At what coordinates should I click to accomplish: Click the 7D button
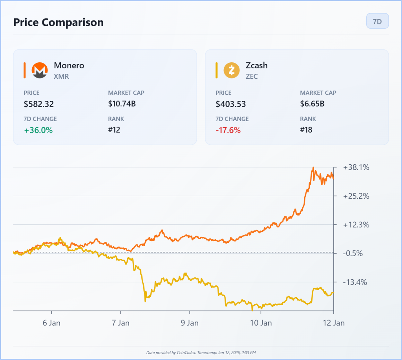(377, 21)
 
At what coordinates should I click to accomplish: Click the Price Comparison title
(58, 22)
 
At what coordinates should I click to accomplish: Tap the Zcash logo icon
(231, 70)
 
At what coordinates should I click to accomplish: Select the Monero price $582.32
(39, 104)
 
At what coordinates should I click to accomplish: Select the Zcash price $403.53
(230, 104)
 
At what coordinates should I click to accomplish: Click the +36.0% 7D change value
(38, 130)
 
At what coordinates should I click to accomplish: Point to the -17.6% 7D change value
(228, 130)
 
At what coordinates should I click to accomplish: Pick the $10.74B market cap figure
(122, 104)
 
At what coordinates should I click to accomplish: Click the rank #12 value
(114, 130)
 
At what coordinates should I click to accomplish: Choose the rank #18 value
(306, 130)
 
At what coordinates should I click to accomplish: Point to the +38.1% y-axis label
(356, 167)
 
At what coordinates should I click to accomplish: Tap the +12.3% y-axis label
(356, 225)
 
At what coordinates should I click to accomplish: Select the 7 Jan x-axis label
(121, 323)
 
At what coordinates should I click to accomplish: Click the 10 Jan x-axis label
(261, 323)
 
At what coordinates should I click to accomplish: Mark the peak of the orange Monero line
(313, 168)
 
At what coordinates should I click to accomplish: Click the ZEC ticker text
(252, 76)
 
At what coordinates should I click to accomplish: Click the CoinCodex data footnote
(201, 353)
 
